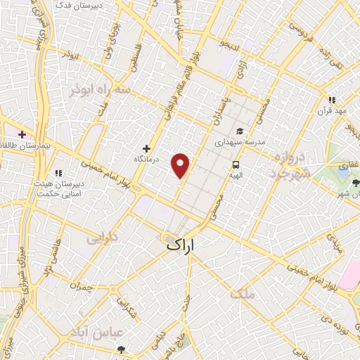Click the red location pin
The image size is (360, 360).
point(181,165)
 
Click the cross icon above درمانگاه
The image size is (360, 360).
point(146,148)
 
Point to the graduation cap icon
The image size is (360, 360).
point(240,131)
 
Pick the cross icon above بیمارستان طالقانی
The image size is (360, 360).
point(22,134)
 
